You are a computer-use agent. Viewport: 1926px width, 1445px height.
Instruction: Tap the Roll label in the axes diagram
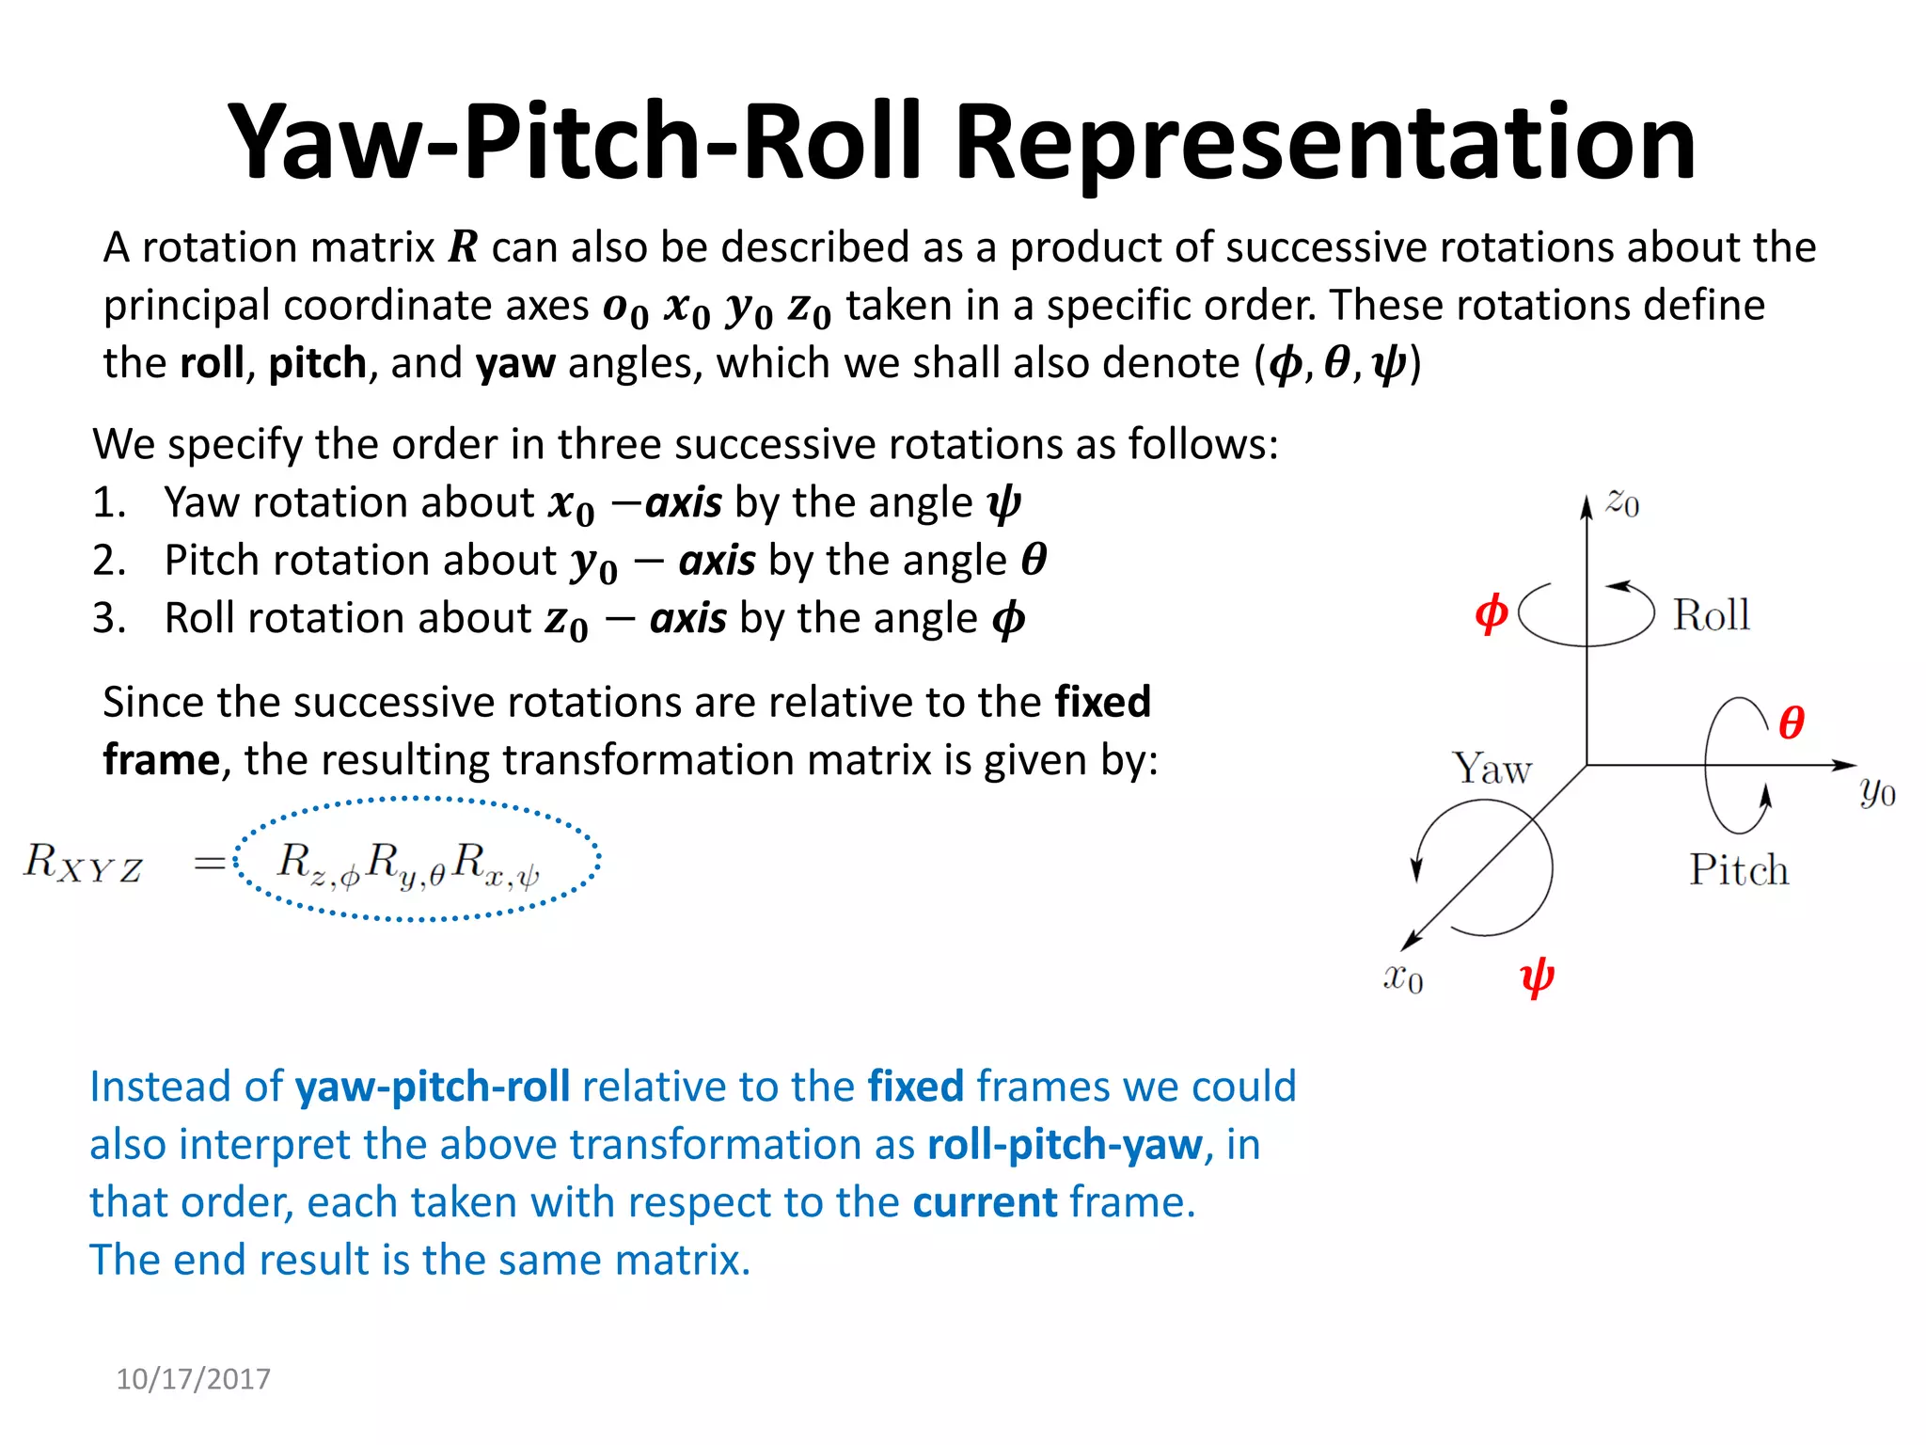tap(1711, 616)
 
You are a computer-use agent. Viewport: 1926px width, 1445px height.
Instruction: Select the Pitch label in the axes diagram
tap(1738, 869)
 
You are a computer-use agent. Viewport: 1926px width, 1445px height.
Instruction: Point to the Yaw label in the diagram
tap(1492, 770)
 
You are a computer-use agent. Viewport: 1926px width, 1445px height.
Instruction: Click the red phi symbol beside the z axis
tap(1491, 613)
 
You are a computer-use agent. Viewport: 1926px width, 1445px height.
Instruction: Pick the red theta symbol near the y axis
tap(1791, 722)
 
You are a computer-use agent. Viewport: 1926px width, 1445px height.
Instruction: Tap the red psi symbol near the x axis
tap(1537, 978)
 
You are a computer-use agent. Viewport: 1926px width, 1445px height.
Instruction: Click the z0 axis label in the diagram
tap(1622, 502)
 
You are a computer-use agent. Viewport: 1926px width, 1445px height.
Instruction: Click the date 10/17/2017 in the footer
tap(193, 1379)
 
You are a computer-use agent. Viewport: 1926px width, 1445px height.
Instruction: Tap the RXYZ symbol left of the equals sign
tap(83, 863)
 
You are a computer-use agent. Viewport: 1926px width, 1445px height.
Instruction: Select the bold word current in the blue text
tap(985, 1203)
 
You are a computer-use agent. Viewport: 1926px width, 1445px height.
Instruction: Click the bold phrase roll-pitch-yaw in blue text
tap(1065, 1145)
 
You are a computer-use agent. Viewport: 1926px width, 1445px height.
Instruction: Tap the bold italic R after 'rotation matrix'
tap(463, 247)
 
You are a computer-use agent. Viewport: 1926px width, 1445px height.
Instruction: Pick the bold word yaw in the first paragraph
tap(515, 364)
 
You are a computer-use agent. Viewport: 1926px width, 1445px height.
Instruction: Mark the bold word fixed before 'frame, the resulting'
tap(1102, 703)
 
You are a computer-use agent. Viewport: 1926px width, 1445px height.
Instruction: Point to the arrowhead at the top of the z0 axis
tap(1587, 506)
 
